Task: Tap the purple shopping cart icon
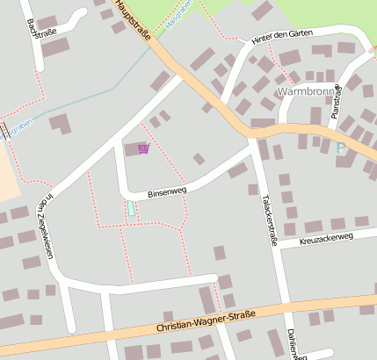click(x=144, y=148)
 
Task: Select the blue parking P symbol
click(x=341, y=148)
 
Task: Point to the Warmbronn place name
click(x=306, y=91)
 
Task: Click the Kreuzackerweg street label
click(x=325, y=238)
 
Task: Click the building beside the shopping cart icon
click(x=131, y=149)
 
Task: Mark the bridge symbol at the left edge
click(x=7, y=131)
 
